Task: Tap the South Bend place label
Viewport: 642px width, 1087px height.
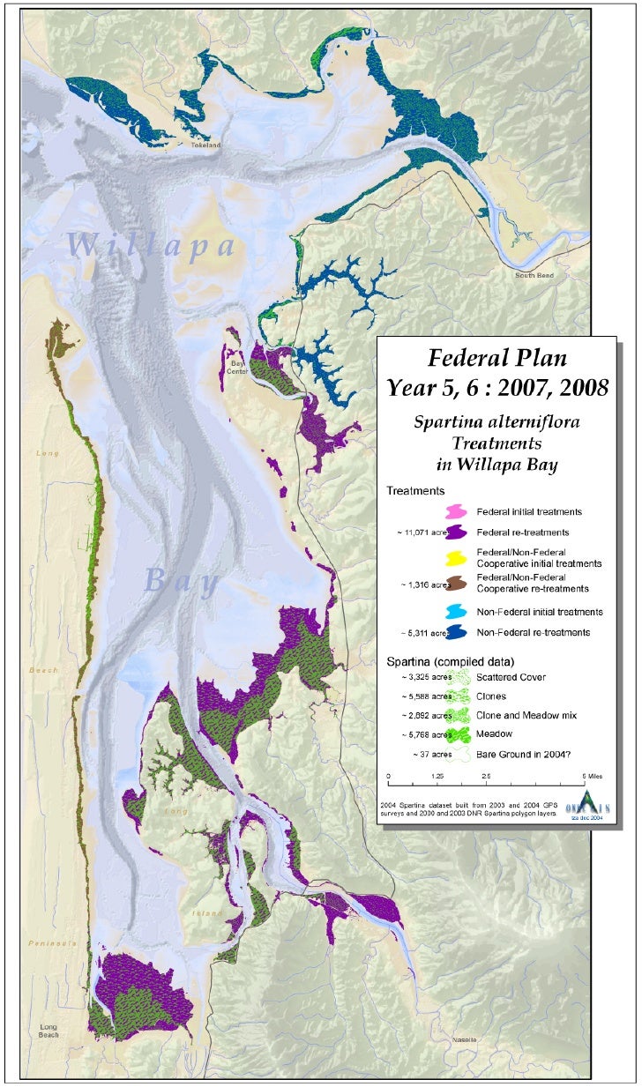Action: click(x=534, y=275)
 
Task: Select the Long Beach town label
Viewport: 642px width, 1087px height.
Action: click(x=53, y=1032)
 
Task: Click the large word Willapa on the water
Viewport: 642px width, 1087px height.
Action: click(x=151, y=244)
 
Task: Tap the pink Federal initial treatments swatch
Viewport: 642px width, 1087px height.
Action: click(x=456, y=511)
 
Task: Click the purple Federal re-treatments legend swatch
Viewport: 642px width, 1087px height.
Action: click(x=456, y=532)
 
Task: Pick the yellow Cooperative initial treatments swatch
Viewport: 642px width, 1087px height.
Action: click(x=456, y=557)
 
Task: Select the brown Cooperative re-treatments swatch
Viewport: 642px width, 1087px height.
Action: click(x=456, y=583)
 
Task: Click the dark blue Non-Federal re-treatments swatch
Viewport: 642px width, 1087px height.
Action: click(x=456, y=632)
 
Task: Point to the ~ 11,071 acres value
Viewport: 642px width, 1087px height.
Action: click(x=421, y=532)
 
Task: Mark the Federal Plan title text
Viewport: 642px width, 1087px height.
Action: click(x=497, y=358)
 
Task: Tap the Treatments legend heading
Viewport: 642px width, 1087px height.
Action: click(x=414, y=490)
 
